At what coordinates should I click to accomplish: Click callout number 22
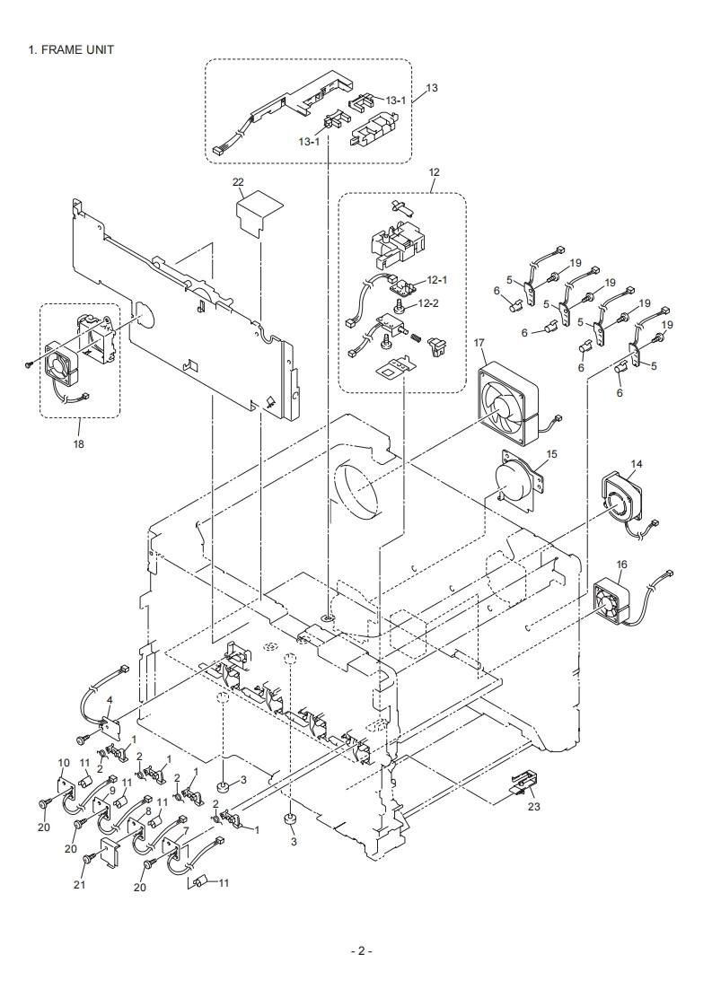238,181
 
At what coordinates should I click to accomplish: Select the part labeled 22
258,211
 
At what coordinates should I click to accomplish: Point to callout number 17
479,342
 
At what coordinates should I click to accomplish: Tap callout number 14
636,464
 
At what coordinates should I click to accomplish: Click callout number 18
78,444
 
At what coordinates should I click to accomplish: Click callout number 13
432,88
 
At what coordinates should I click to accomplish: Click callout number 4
110,700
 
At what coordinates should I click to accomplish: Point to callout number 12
434,171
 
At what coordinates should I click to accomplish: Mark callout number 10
64,762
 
